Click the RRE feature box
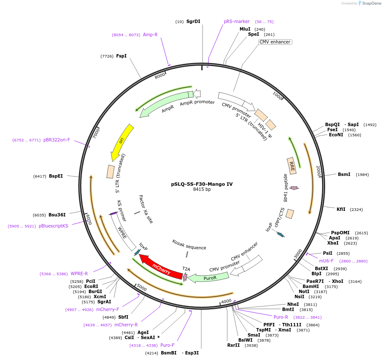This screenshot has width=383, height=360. click(x=292, y=165)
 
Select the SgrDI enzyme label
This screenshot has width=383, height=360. click(x=193, y=21)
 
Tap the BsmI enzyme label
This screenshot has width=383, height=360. click(x=344, y=174)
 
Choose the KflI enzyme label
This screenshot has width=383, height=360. click(x=341, y=209)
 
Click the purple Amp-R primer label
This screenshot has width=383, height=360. click(x=150, y=35)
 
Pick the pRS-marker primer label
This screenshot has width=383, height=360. click(x=237, y=21)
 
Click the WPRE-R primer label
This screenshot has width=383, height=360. click(x=79, y=274)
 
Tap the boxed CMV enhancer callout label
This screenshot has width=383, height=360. click(x=275, y=42)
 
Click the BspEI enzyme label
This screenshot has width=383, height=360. click(x=56, y=176)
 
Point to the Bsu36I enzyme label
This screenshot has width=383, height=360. click(x=57, y=215)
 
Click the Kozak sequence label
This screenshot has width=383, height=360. click(x=189, y=245)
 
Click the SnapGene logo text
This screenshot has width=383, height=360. click(x=371, y=3)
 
